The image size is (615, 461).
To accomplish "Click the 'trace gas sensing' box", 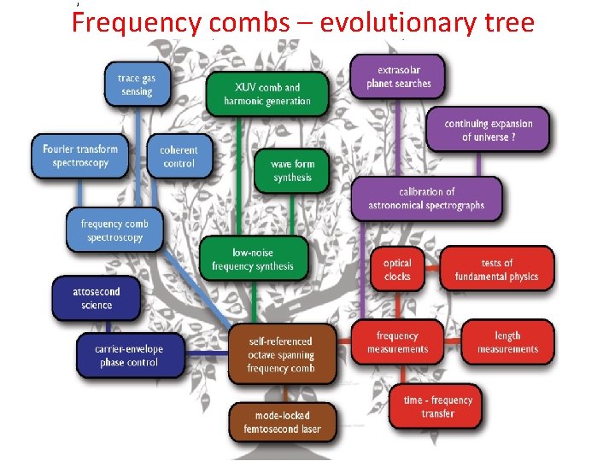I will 135,85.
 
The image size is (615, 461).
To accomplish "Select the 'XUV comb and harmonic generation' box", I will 267,94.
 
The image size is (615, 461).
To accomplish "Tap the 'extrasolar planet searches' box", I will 399,76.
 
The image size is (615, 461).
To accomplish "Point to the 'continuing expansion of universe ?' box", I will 488,130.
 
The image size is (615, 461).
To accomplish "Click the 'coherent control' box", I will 179,156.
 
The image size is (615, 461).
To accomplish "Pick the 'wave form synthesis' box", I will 292,170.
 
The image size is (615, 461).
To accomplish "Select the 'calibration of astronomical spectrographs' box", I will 426,198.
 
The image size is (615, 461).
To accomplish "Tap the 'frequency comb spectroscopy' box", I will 114,230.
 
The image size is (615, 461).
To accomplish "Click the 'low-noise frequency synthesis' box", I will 252,259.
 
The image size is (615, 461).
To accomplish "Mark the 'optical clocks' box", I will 397,270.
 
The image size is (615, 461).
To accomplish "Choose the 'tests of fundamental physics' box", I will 497,269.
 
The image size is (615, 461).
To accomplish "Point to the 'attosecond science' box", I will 97,298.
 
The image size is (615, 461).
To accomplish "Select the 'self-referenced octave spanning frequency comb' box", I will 280,354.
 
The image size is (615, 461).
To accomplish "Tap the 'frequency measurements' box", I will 397,342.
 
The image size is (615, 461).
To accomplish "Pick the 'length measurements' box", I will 507,342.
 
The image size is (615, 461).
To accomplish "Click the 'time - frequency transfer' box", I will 437,406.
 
